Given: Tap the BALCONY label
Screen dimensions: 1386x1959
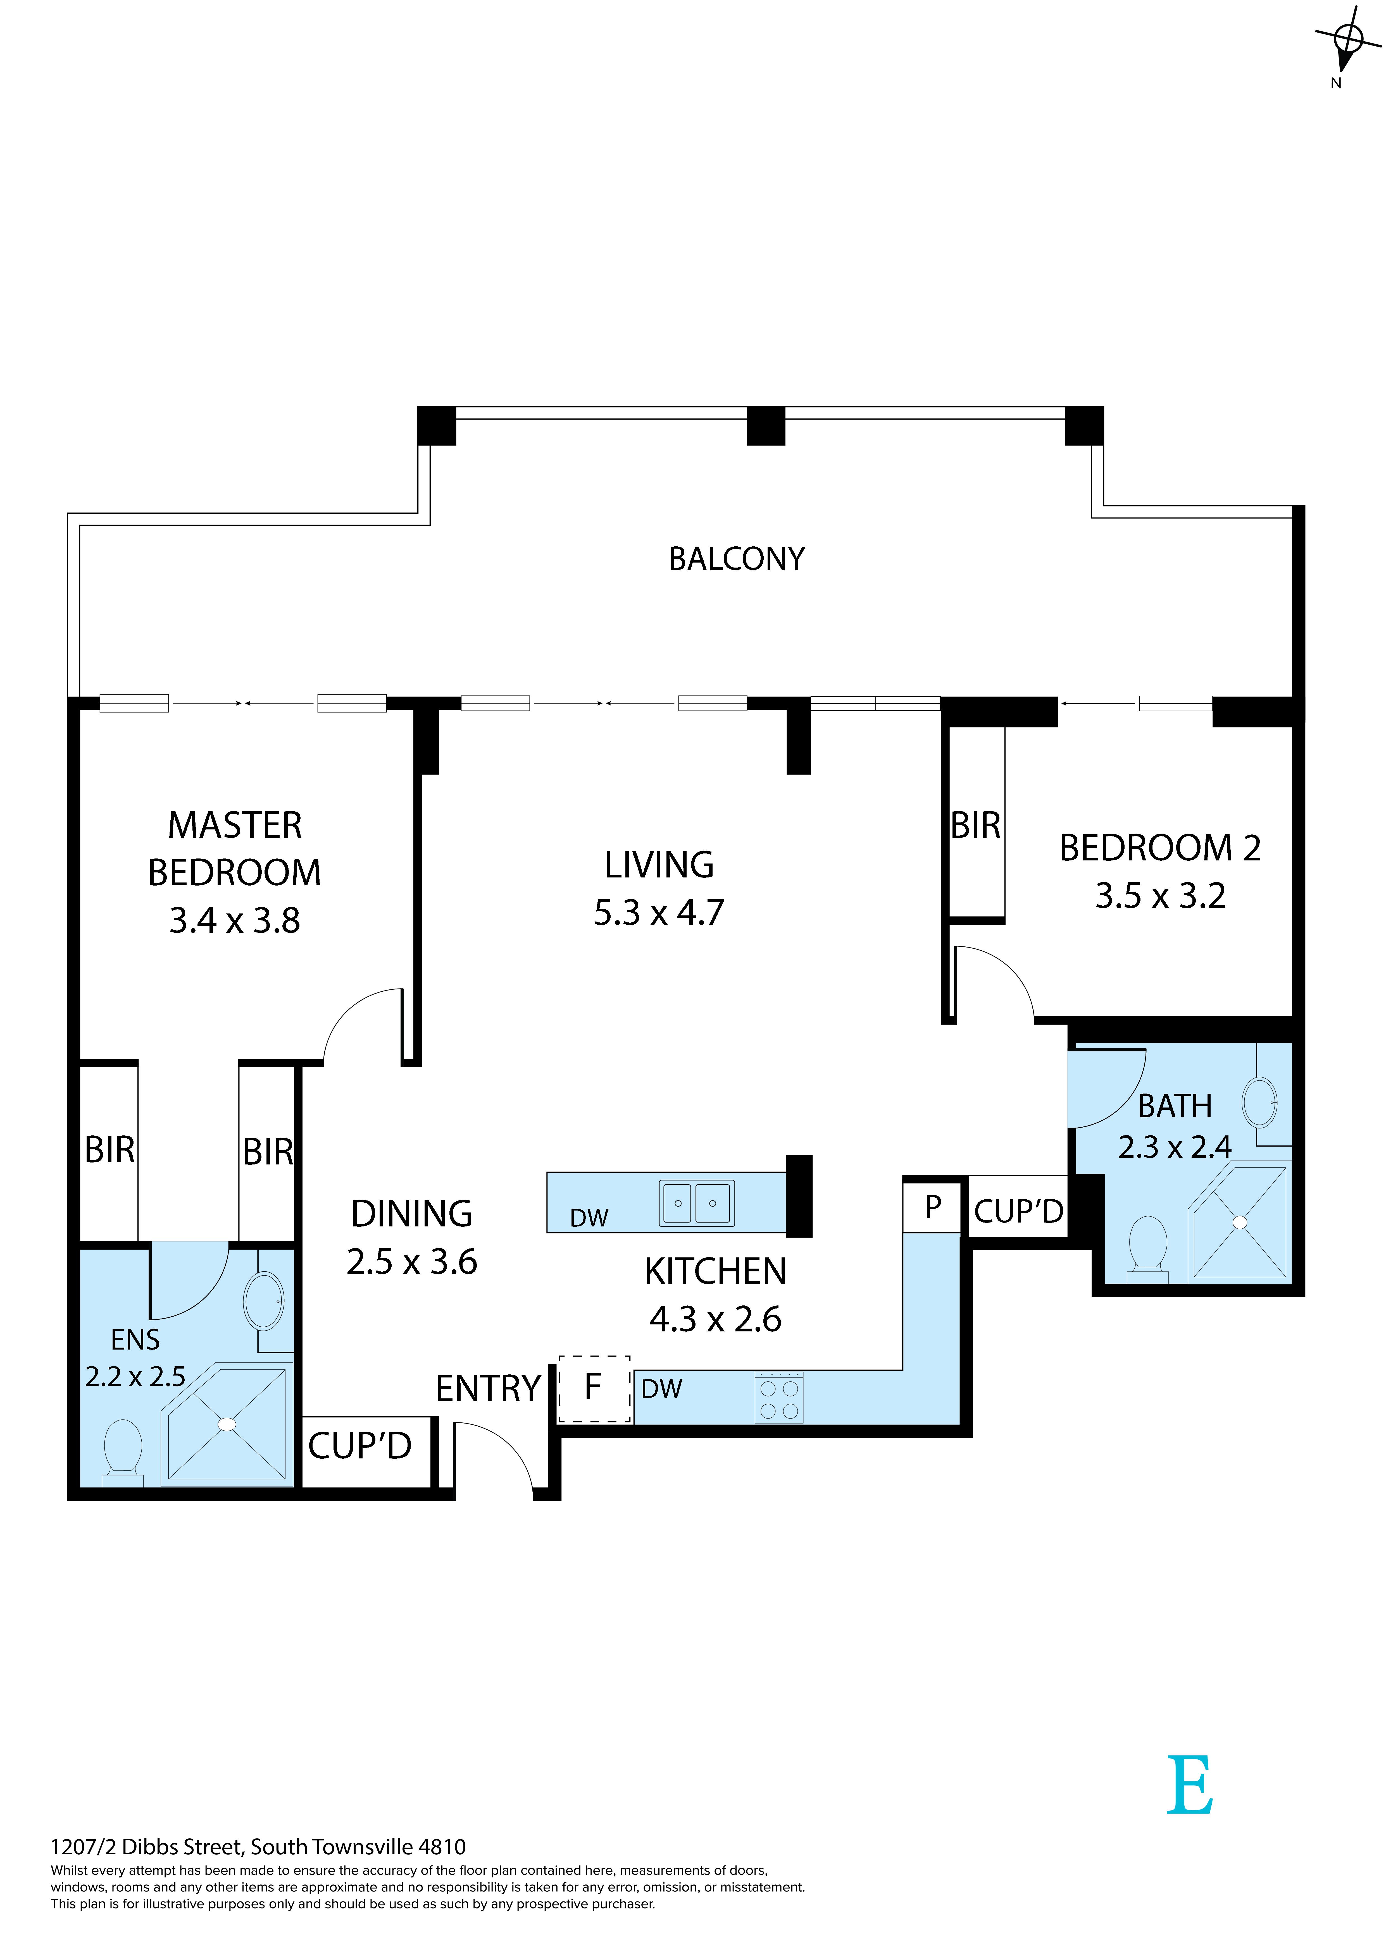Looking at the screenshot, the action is pos(737,559).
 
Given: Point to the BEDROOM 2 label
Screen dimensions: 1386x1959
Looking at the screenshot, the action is pos(1160,848).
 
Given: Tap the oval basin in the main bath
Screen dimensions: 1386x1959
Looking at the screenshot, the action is pos(1260,1102).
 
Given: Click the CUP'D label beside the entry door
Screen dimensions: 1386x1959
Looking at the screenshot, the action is pos(360,1446).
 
